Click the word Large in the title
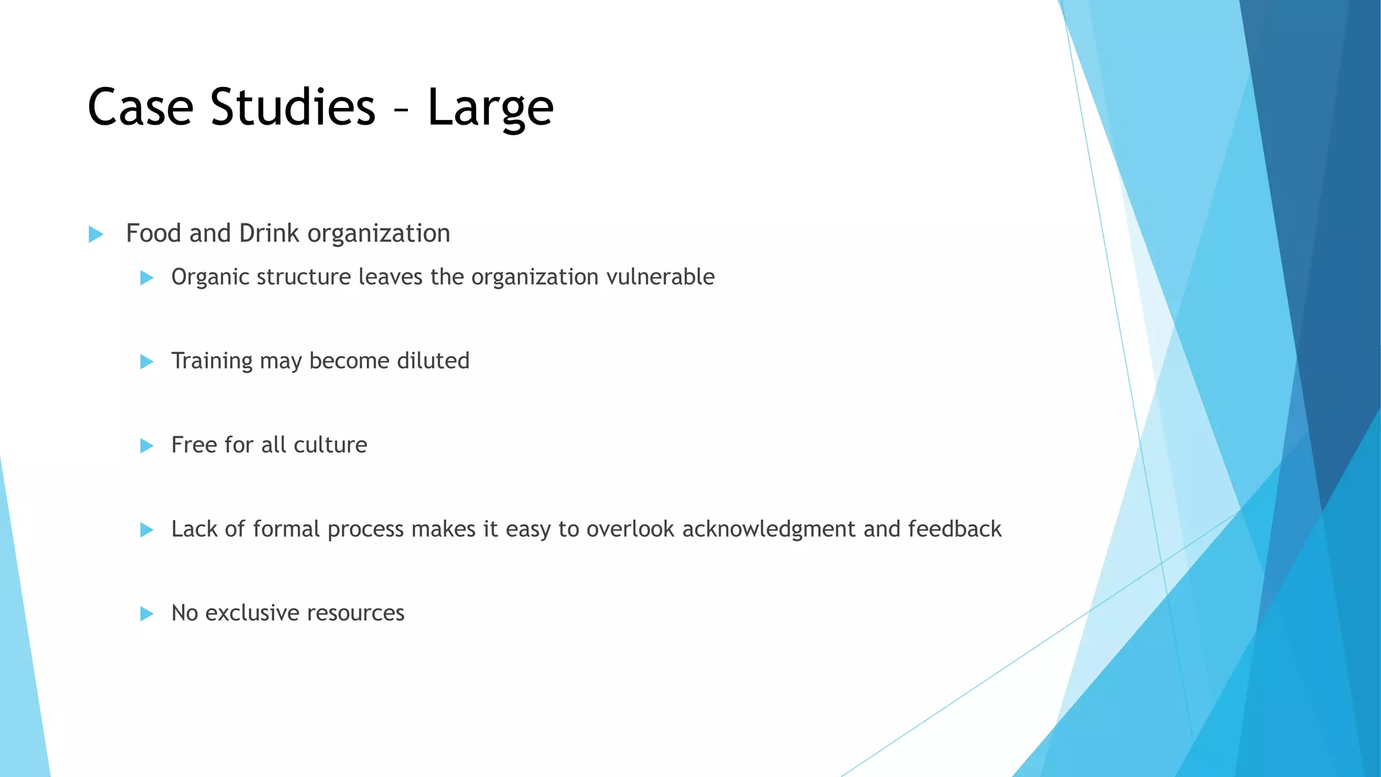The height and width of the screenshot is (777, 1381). pos(490,108)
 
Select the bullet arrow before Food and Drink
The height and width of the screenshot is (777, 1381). pos(96,235)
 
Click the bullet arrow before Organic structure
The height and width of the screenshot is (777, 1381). pos(146,278)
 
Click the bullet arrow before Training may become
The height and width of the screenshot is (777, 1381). pos(146,362)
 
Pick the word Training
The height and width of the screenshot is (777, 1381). pos(212,362)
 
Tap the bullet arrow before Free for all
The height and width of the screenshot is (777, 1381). pos(146,446)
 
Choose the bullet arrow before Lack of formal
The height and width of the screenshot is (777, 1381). pos(146,530)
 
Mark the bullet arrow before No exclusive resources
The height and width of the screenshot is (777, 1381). pos(146,614)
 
